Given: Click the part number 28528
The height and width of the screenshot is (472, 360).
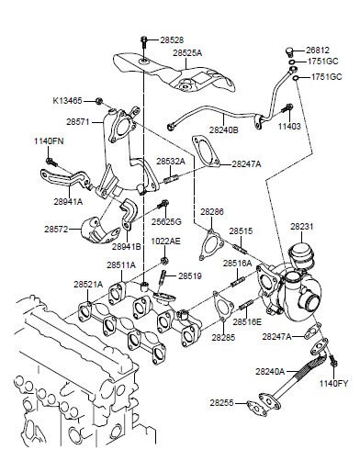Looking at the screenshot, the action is pyautogui.click(x=172, y=40).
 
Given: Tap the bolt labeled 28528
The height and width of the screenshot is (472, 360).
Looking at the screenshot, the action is pyautogui.click(x=144, y=41).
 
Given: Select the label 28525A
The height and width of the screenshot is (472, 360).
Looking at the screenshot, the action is pyautogui.click(x=187, y=52).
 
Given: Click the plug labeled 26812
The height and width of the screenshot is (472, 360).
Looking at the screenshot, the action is pyautogui.click(x=289, y=51).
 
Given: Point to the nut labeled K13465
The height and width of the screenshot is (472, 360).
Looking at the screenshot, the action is pyautogui.click(x=98, y=101).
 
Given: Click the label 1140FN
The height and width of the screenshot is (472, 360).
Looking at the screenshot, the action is pyautogui.click(x=49, y=141).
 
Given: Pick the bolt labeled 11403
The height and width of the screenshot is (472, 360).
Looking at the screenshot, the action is pyautogui.click(x=288, y=108).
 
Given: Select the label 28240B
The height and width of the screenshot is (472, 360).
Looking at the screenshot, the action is pyautogui.click(x=224, y=129).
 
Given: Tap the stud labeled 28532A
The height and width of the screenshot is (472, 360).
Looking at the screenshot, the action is pyautogui.click(x=171, y=178).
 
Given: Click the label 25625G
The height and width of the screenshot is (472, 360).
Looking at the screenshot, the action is pyautogui.click(x=166, y=221).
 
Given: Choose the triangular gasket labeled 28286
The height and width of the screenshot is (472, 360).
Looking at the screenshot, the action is pyautogui.click(x=211, y=244).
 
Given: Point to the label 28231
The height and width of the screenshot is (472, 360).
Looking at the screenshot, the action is pyautogui.click(x=302, y=227).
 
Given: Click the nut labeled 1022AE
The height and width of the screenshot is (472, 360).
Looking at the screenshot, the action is pyautogui.click(x=163, y=261).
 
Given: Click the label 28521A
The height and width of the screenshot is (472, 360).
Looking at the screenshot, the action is pyautogui.click(x=88, y=285).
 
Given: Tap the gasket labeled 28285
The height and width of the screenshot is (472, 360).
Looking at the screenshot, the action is pyautogui.click(x=223, y=306).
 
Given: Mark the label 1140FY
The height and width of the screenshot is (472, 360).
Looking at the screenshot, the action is pyautogui.click(x=334, y=384).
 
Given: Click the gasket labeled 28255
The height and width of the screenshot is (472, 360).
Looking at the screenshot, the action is pyautogui.click(x=256, y=408).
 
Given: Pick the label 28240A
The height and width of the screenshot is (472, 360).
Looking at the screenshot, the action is pyautogui.click(x=270, y=372).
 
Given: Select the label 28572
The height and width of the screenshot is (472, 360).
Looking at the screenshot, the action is pyautogui.click(x=56, y=229).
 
